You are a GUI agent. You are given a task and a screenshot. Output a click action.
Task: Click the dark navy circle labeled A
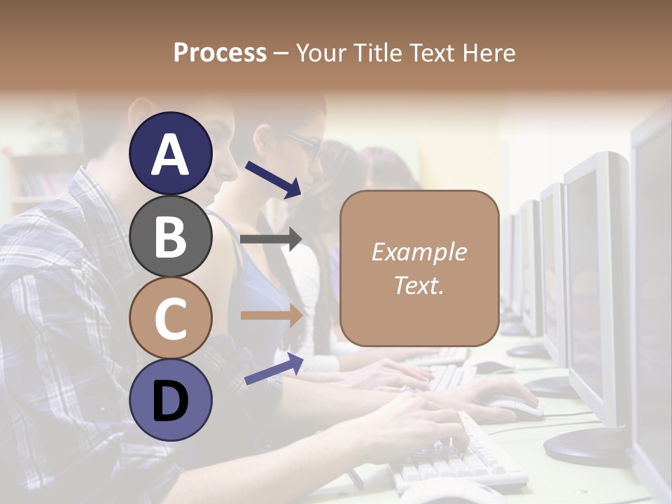pos(170,153)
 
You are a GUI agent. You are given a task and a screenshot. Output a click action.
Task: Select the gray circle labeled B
pos(170,236)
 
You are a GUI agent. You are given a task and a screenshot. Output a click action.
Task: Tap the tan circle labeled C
pos(170,318)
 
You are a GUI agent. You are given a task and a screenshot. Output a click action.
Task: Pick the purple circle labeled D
pos(170,400)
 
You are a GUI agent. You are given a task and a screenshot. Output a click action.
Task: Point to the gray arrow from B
pos(272,239)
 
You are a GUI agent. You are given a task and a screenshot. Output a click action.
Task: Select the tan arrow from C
pos(272,315)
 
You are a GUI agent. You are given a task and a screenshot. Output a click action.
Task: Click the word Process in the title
pos(220,52)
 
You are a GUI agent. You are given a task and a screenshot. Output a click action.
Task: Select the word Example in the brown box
pos(419,252)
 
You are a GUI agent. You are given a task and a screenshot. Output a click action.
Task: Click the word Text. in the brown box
pos(419,285)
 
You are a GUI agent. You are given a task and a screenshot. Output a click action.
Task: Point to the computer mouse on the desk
pos(514,406)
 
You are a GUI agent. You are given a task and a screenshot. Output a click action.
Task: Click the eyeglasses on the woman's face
pos(302,143)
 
